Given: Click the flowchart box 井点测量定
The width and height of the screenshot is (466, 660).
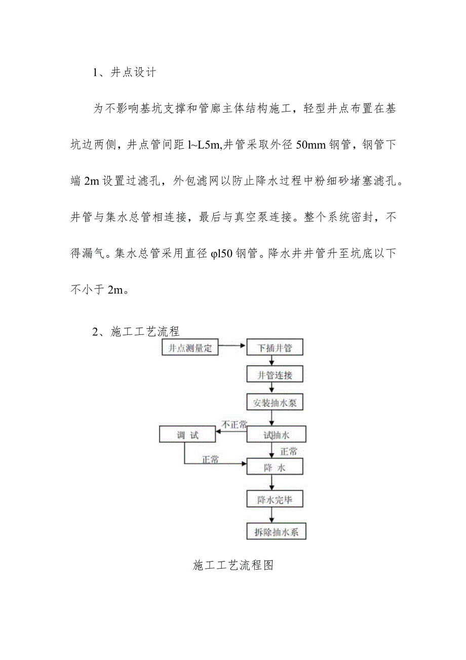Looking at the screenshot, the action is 189,348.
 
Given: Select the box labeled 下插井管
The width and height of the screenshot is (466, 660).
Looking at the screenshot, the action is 274,348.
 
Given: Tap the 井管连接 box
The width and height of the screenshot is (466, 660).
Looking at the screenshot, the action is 274,375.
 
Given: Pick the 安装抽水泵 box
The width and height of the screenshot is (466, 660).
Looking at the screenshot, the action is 274,403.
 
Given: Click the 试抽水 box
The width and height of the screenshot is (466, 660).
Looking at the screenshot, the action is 274,434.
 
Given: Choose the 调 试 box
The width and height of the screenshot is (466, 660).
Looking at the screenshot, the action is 188,435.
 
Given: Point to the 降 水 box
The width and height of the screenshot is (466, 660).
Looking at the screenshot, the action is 274,467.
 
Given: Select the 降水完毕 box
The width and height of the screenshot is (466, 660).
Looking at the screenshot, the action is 274,500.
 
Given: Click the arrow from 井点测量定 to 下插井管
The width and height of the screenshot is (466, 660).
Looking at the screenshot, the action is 232,348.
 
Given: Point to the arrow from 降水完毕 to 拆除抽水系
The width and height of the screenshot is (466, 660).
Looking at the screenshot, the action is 272,515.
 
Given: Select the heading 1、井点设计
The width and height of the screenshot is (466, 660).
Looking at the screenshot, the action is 124,72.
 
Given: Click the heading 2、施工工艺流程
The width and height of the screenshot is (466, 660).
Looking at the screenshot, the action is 136,332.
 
